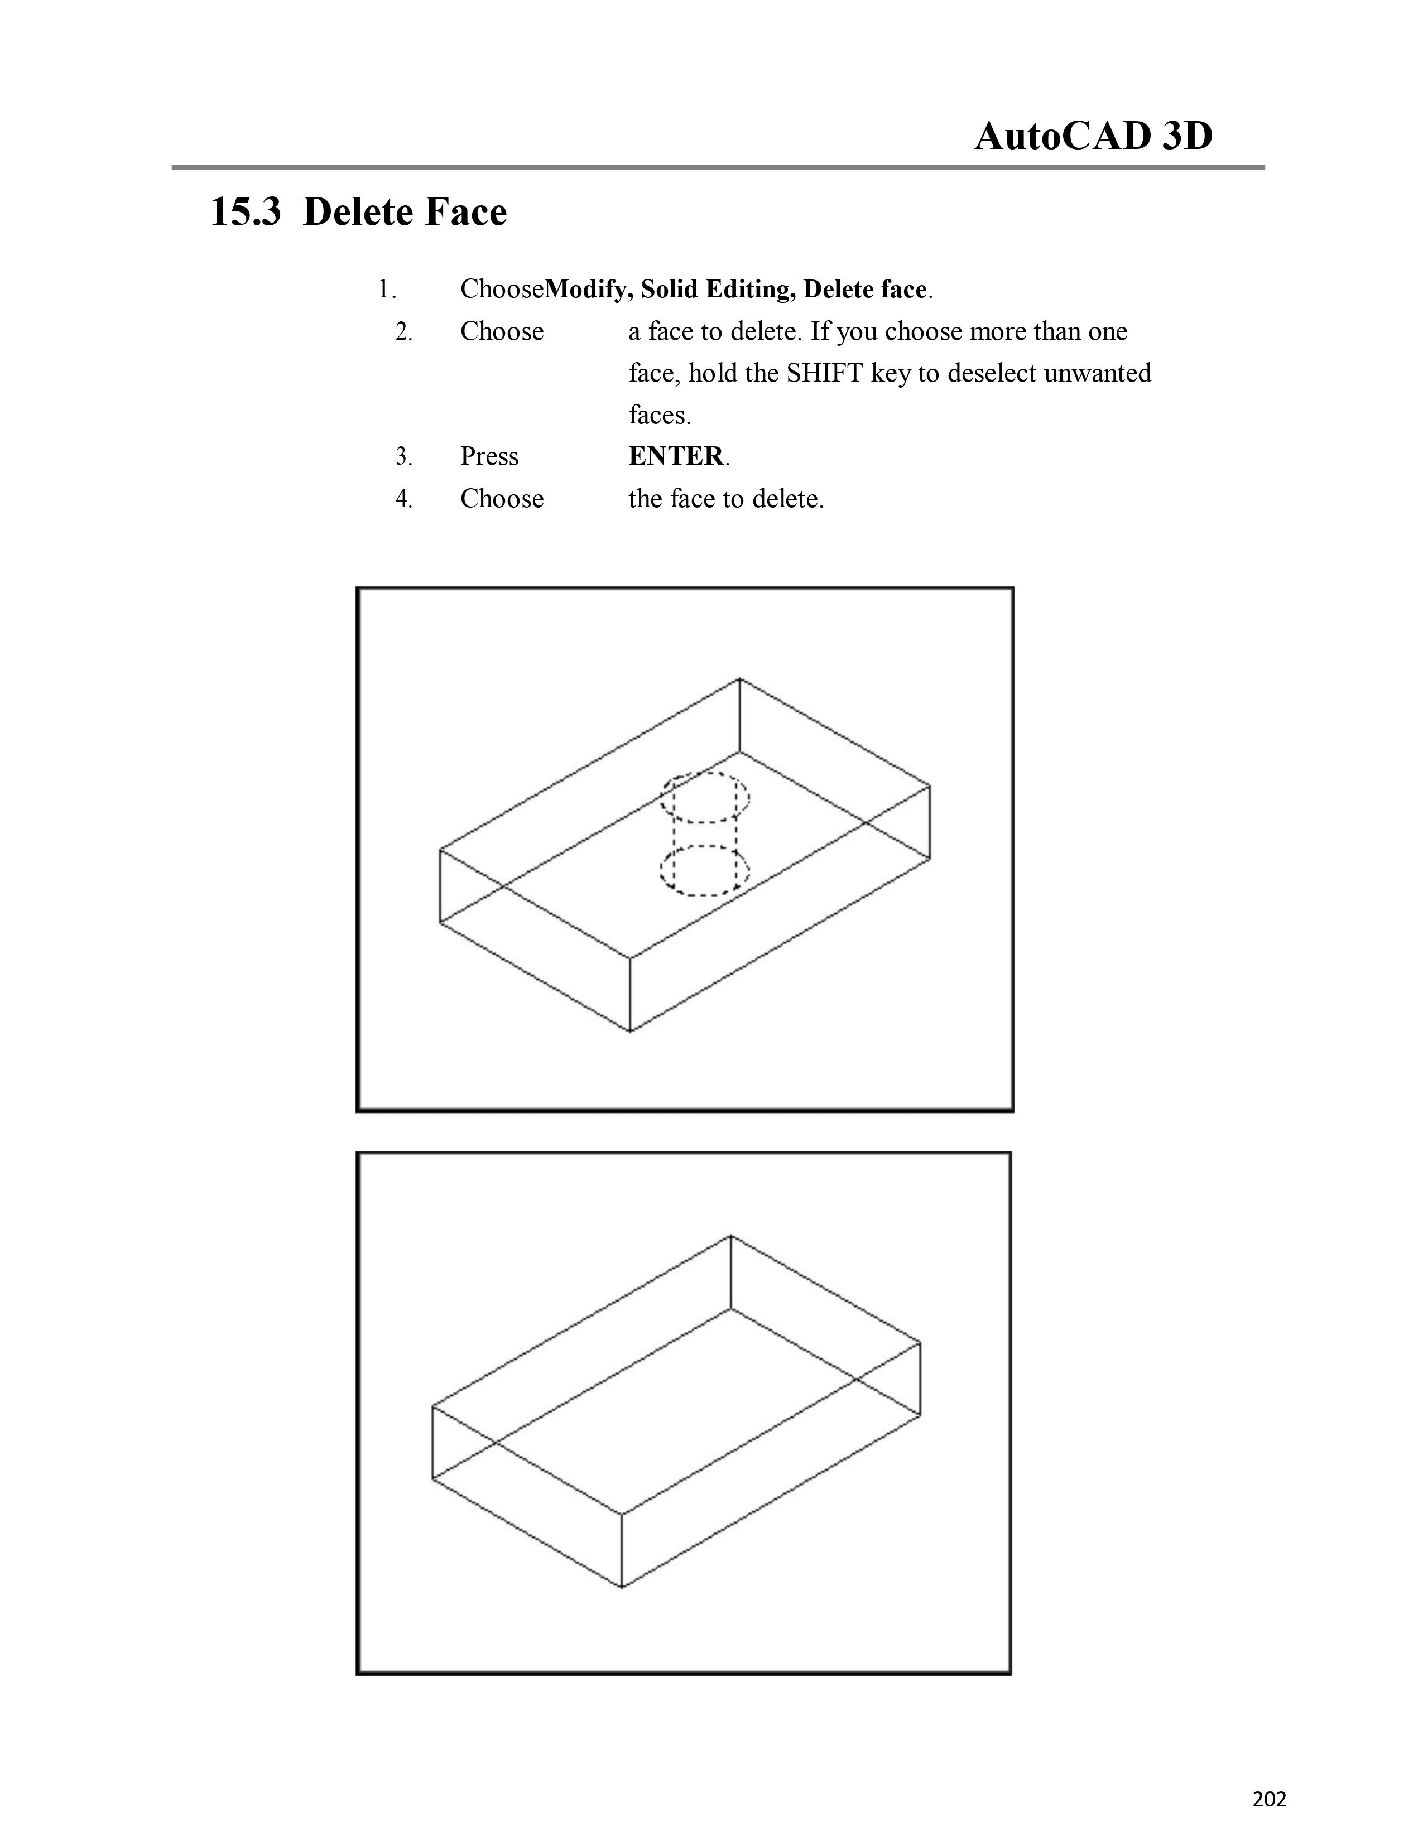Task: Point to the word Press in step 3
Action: [x=489, y=456]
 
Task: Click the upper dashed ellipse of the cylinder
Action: [x=705, y=773]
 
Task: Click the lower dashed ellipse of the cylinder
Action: [x=705, y=847]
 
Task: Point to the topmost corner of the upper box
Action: [x=739, y=678]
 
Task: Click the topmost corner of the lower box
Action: [x=730, y=1236]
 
